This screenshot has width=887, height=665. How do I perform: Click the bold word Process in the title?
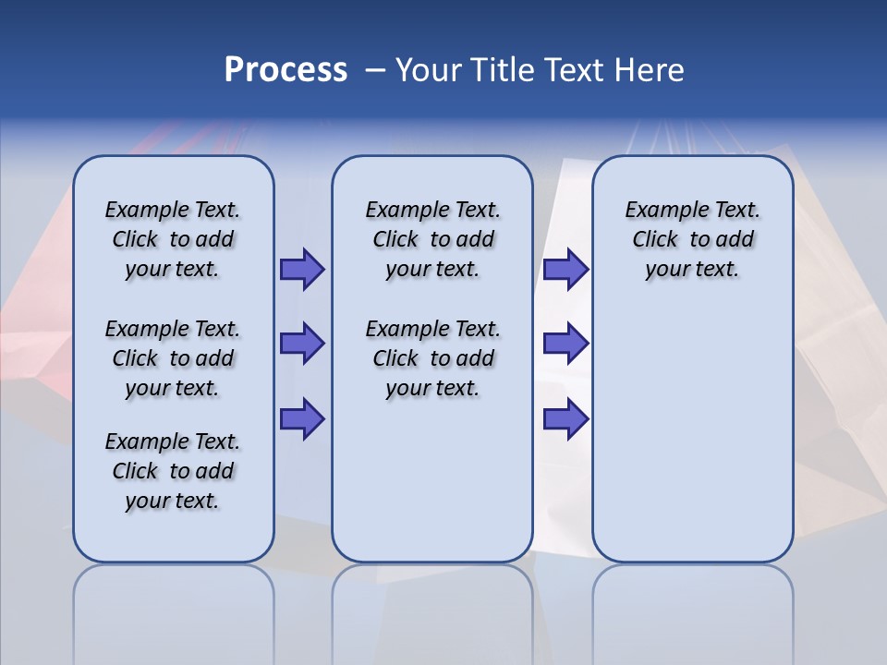286,70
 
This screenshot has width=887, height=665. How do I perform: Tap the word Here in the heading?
646,70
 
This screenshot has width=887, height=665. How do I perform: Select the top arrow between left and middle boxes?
302,270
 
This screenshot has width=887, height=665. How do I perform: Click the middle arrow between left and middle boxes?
302,344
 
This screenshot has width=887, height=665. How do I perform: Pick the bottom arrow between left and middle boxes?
302,419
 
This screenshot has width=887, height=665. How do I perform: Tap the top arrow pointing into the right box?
565,270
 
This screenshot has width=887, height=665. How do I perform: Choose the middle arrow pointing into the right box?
565,344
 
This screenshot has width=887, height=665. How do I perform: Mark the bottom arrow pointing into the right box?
565,419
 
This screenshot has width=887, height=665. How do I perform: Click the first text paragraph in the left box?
173,239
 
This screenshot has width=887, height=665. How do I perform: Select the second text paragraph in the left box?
173,358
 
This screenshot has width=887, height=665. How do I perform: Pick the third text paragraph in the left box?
173,471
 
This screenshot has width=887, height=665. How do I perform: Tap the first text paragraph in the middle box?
432,239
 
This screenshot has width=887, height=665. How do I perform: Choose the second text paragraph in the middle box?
432,358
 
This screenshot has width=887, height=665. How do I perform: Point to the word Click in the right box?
655,240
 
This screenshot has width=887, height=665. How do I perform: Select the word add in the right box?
735,240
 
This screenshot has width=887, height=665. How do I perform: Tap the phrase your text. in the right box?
692,270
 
